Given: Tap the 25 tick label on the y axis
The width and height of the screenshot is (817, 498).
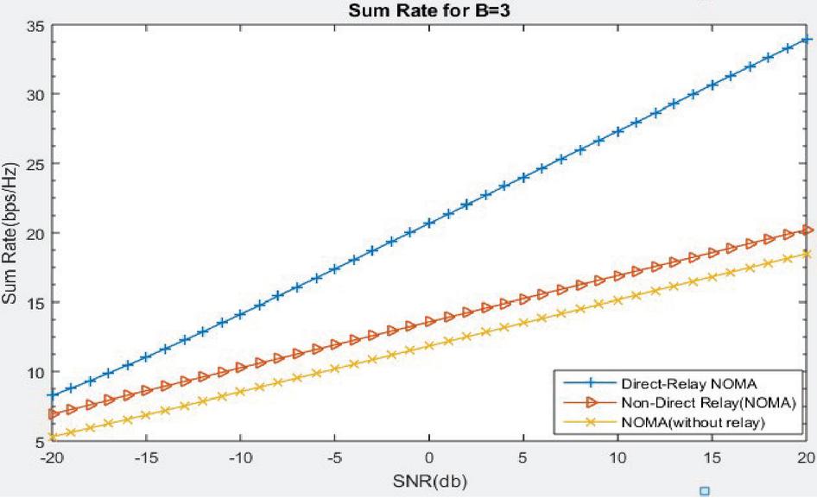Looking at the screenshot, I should coord(35,163).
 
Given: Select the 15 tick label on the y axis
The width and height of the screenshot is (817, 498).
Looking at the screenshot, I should coord(35,302).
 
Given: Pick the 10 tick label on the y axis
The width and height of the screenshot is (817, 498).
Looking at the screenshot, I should coord(35,372).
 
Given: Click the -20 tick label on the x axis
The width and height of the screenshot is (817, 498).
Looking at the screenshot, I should coord(51,456).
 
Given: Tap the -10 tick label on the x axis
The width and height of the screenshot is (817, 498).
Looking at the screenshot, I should coord(240,456).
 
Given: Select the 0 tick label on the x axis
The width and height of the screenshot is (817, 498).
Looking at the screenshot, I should coord(429,456).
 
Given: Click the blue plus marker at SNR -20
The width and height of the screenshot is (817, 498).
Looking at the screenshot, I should coord(52,394).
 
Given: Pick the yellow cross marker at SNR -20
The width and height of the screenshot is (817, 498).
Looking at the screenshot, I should coord(52,437).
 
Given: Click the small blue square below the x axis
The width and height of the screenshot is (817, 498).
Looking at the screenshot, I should coord(704,491).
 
